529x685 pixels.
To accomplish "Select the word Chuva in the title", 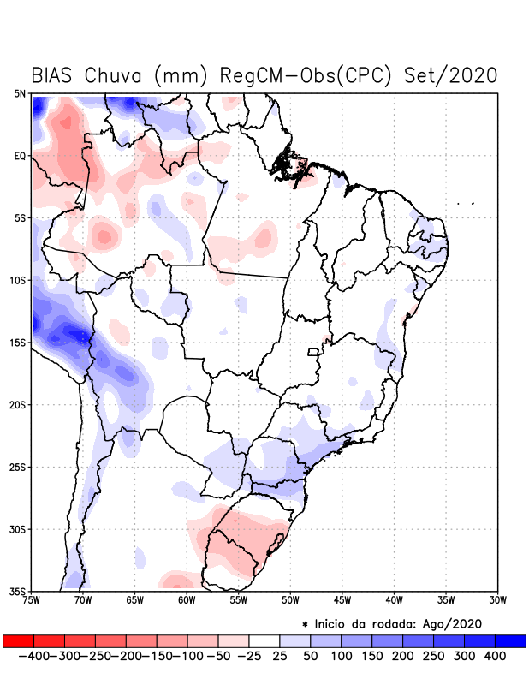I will click(x=115, y=74).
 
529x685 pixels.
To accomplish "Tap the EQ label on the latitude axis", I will click(x=20, y=156).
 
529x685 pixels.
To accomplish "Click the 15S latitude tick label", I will click(x=18, y=342).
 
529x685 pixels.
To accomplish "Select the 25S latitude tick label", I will click(x=18, y=467).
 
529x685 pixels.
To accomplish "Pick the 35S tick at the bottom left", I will click(x=18, y=591).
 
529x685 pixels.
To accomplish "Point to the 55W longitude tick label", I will click(x=241, y=599).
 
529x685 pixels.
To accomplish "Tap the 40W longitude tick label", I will click(x=395, y=599).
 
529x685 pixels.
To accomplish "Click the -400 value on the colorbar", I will click(x=33, y=655).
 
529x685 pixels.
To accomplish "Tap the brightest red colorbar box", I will click(x=19, y=640).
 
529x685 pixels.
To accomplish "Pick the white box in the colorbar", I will click(x=264, y=640).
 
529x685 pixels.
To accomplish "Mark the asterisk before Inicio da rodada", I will click(x=306, y=624).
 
